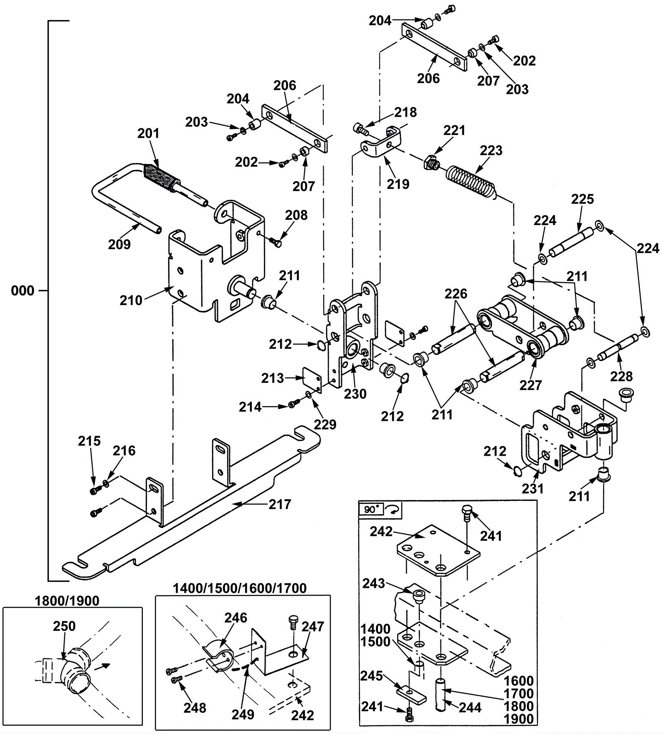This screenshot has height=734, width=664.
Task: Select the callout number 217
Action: tap(280, 504)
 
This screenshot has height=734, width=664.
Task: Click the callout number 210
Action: tap(131, 300)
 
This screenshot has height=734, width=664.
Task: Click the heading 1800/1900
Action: tap(67, 601)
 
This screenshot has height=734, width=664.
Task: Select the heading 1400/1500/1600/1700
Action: tap(239, 588)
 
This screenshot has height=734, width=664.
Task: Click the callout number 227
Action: tap(531, 385)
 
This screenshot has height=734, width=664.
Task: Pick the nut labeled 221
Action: tap(430, 162)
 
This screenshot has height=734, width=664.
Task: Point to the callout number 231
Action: tap(532, 489)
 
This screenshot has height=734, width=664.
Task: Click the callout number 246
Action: tap(236, 618)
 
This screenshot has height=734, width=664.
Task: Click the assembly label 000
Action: tap(23, 291)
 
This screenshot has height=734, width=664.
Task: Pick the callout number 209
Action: tap(120, 244)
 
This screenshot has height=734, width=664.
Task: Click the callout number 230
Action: tap(355, 393)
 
